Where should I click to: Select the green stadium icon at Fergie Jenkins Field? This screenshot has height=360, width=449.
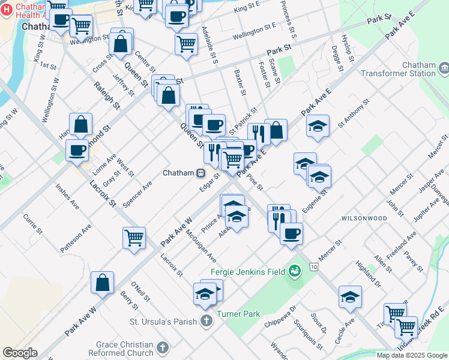(294, 271)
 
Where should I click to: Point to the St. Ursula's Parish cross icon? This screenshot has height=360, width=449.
(206, 321)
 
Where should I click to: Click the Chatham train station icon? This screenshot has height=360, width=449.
(201, 173)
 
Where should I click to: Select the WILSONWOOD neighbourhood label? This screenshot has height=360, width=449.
(364, 218)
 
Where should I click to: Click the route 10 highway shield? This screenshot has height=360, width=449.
(314, 265)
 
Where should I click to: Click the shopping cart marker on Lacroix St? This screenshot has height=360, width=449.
(134, 237)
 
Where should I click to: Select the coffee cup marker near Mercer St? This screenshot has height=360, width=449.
(291, 233)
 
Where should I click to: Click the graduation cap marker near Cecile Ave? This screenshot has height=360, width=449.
(351, 296)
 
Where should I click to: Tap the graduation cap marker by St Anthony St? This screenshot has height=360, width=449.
(318, 126)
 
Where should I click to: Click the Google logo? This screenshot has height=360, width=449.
(20, 353)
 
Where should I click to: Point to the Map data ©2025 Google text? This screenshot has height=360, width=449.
(412, 355)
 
